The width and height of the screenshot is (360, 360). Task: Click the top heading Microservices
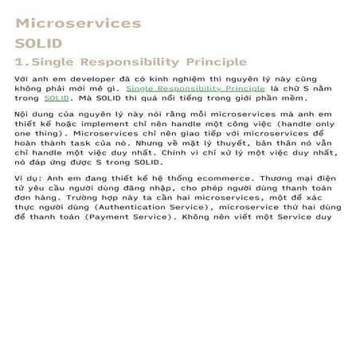click(x=79, y=24)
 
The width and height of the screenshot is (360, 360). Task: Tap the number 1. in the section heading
click(x=23, y=62)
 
